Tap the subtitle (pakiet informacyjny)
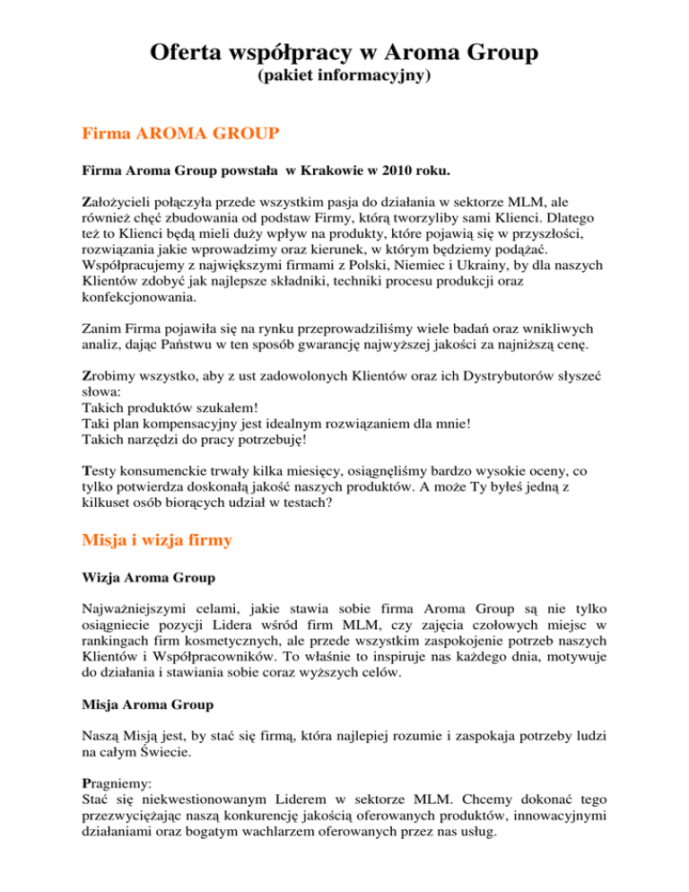[344, 78]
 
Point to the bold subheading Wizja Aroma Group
[144, 599]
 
